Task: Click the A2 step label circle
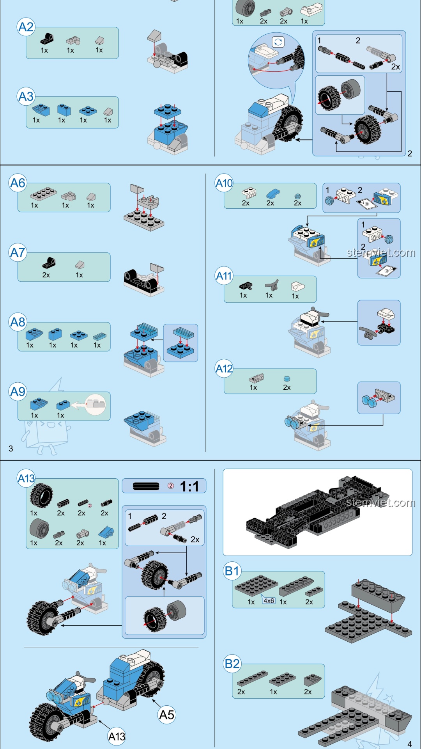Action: tap(26, 27)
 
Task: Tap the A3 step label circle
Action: tap(26, 96)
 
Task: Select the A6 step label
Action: tap(18, 183)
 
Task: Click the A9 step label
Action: tap(18, 392)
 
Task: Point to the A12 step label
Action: tap(224, 369)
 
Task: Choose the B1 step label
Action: tap(232, 571)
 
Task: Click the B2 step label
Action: tap(232, 664)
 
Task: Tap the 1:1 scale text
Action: tap(189, 486)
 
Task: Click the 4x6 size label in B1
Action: tap(269, 601)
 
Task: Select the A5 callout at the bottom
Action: tap(166, 715)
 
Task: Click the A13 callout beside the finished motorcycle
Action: tap(117, 737)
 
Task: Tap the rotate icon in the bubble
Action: tap(278, 42)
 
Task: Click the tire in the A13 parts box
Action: tap(41, 495)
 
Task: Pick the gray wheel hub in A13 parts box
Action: tap(39, 529)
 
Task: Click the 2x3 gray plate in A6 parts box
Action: tap(43, 193)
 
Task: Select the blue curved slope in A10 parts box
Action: tap(273, 193)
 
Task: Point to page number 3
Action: tap(11, 449)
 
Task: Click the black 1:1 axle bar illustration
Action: tap(146, 486)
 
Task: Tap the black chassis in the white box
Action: tap(316, 511)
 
